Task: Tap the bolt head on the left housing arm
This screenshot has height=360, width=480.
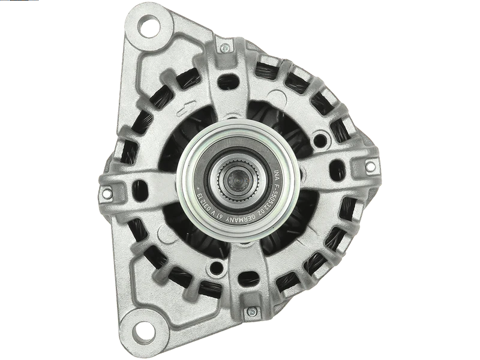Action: [107, 193]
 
